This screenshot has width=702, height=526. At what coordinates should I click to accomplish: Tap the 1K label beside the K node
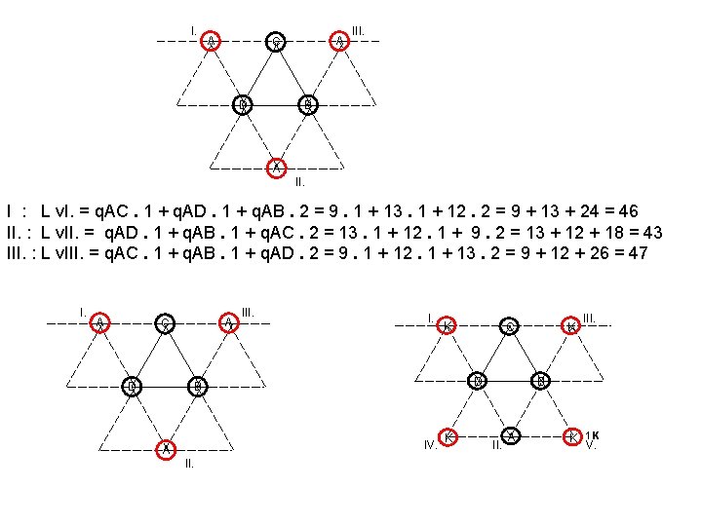592,434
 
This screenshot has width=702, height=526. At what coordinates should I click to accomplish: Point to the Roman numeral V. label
589,445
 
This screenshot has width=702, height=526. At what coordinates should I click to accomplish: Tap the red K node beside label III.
572,326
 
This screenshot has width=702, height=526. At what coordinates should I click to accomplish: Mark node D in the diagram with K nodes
478,380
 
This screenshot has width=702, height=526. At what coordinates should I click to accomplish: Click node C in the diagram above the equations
276,41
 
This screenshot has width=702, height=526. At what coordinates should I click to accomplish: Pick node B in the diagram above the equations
307,104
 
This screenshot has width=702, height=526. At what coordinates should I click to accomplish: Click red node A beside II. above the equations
276,166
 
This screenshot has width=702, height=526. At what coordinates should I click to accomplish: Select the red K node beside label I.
448,326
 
